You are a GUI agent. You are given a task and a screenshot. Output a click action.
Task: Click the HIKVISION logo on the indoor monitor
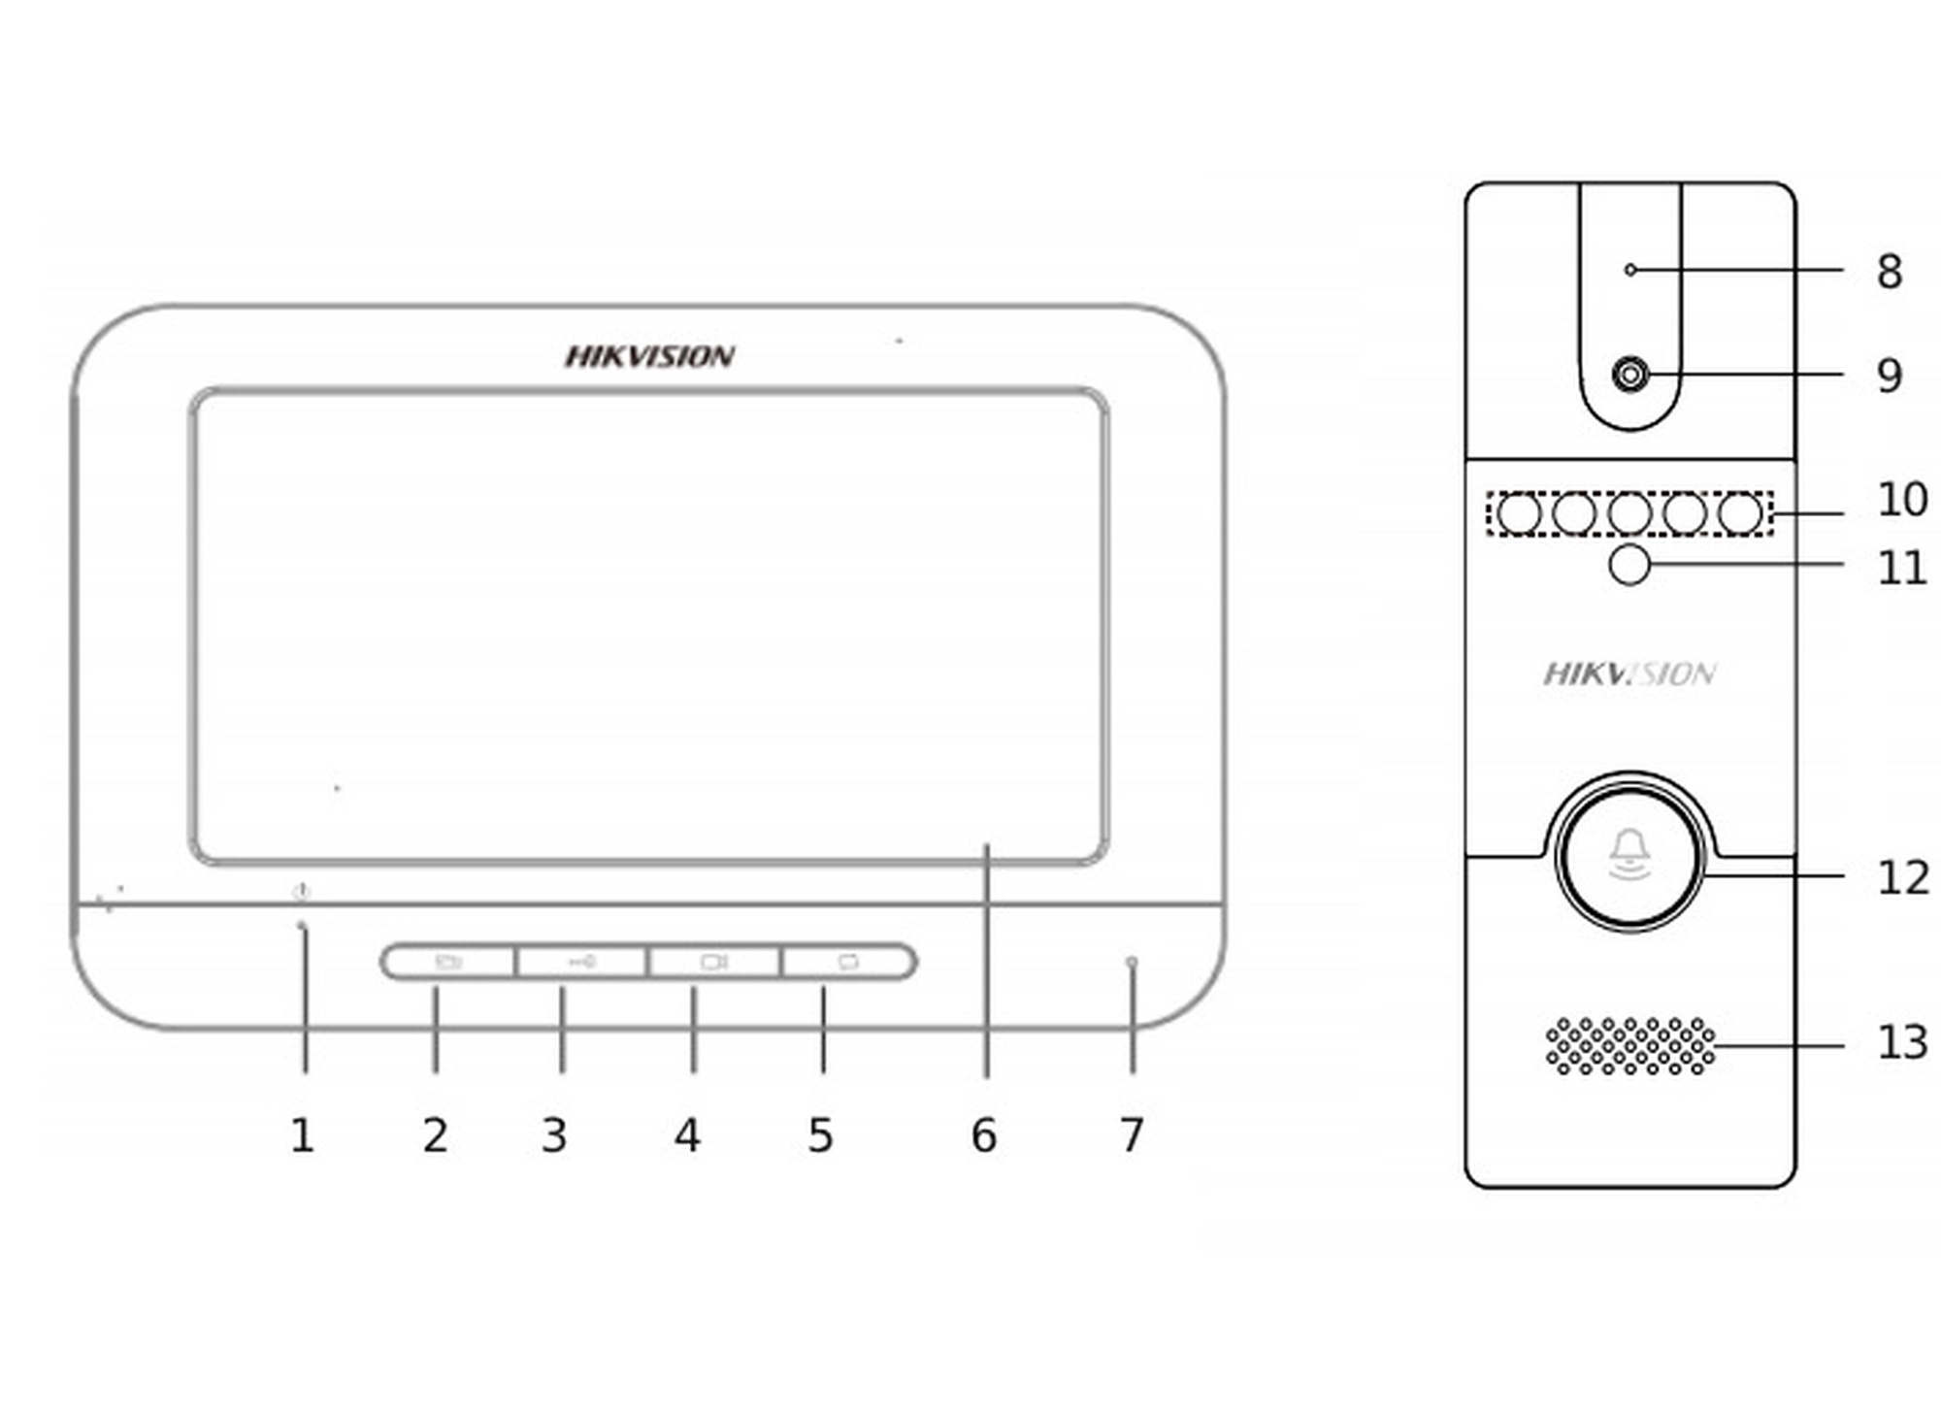649,357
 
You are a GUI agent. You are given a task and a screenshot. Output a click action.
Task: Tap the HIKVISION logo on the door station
1629,673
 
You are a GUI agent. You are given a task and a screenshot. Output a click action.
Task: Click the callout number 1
302,1135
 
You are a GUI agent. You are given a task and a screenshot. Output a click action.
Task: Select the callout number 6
983,1135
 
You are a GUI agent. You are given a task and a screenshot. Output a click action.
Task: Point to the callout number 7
1132,1135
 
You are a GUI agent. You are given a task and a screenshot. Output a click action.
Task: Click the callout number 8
1889,272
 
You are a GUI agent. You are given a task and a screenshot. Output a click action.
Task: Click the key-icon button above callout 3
581,962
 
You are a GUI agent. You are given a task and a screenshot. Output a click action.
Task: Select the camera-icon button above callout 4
714,962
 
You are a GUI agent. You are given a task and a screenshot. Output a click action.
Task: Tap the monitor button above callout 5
847,962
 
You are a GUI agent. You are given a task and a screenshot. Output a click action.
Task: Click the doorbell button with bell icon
1629,854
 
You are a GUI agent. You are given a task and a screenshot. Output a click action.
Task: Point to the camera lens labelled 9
1629,375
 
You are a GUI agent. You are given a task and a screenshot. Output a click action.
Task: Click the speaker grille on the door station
1629,1046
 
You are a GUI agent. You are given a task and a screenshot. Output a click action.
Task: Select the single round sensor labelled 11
1628,565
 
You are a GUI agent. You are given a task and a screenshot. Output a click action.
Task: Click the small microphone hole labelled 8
1630,270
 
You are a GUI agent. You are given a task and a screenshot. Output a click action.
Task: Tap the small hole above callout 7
1131,962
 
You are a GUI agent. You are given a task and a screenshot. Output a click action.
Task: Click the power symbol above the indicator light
302,891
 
